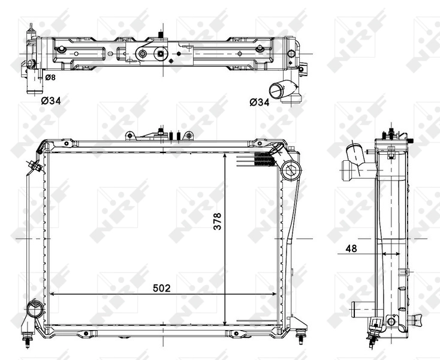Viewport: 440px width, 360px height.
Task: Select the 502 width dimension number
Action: click(161, 288)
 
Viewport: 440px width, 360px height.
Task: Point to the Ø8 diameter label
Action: click(52, 77)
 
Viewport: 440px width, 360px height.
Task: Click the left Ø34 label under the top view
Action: click(51, 101)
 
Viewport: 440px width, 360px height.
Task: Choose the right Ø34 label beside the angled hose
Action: click(259, 101)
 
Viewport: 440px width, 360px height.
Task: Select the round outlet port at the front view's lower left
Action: click(34, 311)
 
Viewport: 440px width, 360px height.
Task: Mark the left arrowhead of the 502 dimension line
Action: click(50, 295)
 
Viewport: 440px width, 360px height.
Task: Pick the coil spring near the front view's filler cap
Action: click(263, 159)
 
